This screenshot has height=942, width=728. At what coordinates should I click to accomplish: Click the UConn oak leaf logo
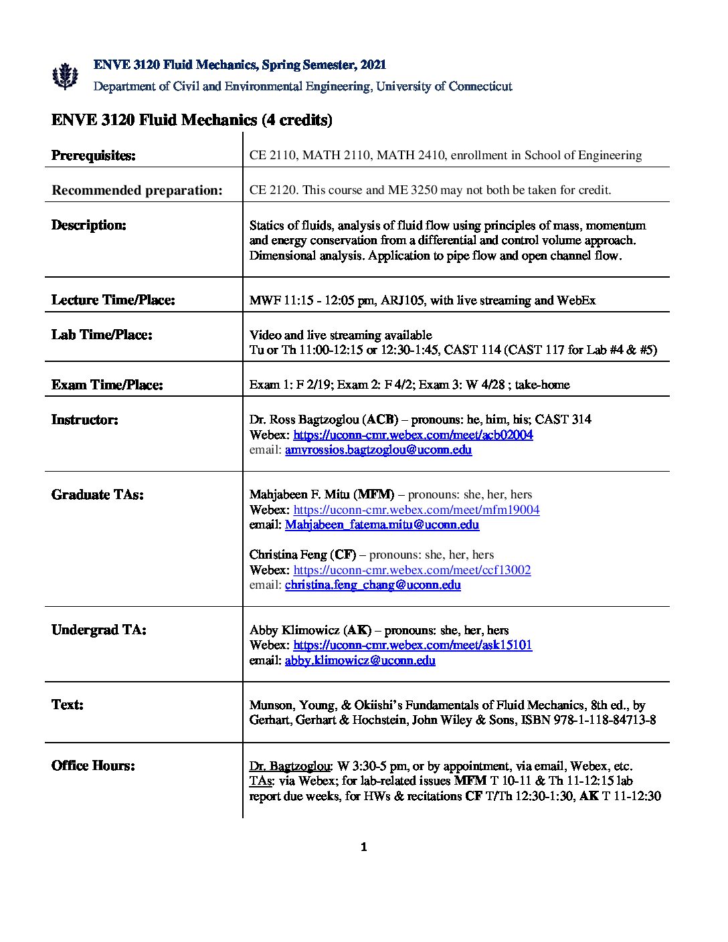tap(65, 76)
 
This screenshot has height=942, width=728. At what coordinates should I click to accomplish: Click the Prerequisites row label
tap(94, 156)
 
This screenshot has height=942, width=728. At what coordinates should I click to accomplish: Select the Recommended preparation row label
tap(137, 191)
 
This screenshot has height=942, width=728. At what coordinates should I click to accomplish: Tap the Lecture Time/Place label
tap(113, 300)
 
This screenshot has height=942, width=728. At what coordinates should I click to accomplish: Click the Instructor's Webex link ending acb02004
tap(413, 435)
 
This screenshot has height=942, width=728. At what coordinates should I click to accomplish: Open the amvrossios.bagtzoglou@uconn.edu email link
tap(378, 450)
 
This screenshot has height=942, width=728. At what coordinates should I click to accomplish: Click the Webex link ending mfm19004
tap(416, 510)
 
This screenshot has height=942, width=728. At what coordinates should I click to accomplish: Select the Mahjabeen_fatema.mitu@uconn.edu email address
tap(381, 525)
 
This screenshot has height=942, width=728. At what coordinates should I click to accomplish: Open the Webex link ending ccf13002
tap(412, 570)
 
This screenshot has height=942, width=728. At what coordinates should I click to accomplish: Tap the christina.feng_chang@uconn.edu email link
tap(373, 585)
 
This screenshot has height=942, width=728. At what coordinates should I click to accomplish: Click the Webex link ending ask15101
tap(412, 645)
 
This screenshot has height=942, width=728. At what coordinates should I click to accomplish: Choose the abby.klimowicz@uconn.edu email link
tap(360, 660)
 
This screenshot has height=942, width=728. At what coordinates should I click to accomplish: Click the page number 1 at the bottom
tap(364, 848)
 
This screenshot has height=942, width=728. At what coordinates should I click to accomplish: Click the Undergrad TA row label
tap(98, 630)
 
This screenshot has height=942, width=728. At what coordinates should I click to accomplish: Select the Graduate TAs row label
tap(97, 495)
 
